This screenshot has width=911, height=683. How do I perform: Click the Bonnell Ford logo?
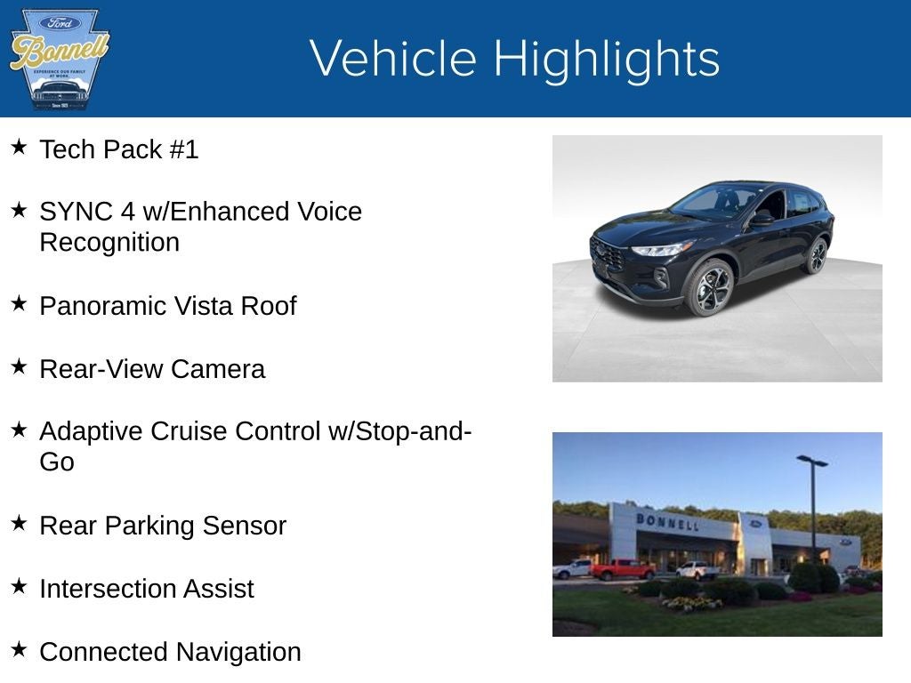59,59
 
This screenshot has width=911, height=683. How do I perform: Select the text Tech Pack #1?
118,149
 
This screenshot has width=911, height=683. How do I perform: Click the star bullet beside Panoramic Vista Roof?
20,303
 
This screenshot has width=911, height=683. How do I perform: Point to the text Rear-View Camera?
152,369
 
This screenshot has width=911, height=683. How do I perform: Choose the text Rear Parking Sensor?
163,526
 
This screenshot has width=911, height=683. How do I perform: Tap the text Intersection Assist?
147,589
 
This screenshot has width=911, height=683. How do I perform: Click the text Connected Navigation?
170,652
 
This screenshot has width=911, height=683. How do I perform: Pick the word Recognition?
109,242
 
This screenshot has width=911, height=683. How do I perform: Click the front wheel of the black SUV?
709,287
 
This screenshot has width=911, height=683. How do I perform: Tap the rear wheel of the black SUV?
815,256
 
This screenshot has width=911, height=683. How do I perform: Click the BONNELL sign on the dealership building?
667,521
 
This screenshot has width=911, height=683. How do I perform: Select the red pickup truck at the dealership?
622,569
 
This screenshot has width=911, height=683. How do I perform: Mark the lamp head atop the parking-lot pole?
811,461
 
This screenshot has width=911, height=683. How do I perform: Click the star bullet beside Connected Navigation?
20,649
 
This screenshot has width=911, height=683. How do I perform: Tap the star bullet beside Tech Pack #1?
20,147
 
